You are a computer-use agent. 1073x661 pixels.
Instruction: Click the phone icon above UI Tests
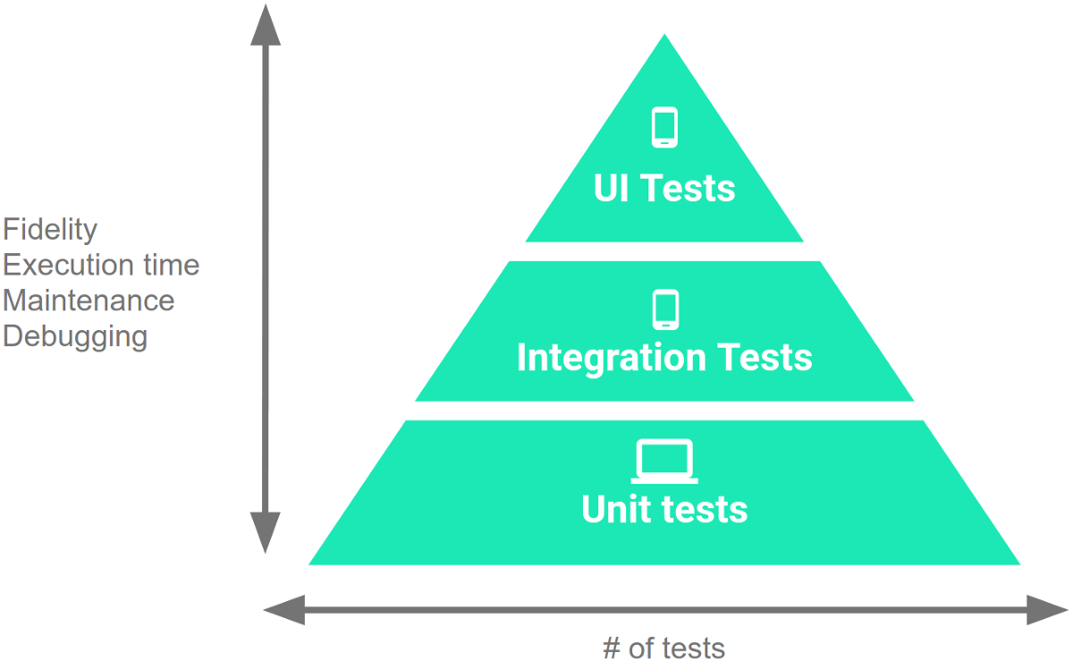tap(664, 127)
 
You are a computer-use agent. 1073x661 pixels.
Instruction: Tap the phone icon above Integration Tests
tap(664, 310)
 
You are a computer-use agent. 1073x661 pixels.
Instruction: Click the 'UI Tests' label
tap(664, 188)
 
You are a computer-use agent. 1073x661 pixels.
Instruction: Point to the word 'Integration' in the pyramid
tap(600, 357)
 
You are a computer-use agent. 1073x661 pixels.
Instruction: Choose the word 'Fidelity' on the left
tap(50, 230)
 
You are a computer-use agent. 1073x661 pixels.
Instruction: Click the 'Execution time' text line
tap(101, 266)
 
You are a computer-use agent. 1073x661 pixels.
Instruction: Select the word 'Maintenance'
tap(89, 301)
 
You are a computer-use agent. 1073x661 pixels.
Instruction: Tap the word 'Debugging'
tap(75, 336)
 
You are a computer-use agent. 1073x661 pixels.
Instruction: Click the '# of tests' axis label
tap(663, 647)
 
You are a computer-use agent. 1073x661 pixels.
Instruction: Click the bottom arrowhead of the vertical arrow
tap(265, 533)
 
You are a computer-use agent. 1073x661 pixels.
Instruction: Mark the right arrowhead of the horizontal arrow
tap(1047, 610)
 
